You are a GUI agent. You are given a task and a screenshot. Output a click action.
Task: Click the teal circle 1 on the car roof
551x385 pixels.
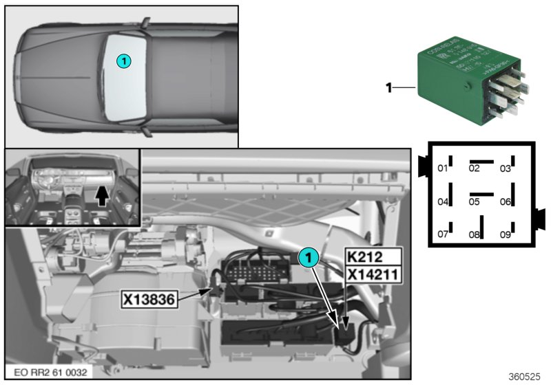click(123, 61)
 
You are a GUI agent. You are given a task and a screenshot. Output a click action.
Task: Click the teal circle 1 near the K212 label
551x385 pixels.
click(309, 258)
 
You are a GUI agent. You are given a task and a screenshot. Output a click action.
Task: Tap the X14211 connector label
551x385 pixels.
click(372, 275)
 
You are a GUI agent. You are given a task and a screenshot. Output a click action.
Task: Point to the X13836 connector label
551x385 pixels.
click(150, 298)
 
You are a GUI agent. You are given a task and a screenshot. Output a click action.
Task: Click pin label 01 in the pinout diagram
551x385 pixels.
click(443, 169)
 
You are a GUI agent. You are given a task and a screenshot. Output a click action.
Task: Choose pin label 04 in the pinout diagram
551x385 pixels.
click(443, 201)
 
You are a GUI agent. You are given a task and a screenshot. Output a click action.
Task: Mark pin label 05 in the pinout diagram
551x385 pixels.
click(474, 201)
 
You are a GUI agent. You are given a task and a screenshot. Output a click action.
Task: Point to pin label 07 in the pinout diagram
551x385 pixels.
click(443, 234)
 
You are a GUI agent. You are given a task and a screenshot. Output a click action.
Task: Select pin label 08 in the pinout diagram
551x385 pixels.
click(474, 234)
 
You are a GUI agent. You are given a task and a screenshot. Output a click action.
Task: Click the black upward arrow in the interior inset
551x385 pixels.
click(101, 197)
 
